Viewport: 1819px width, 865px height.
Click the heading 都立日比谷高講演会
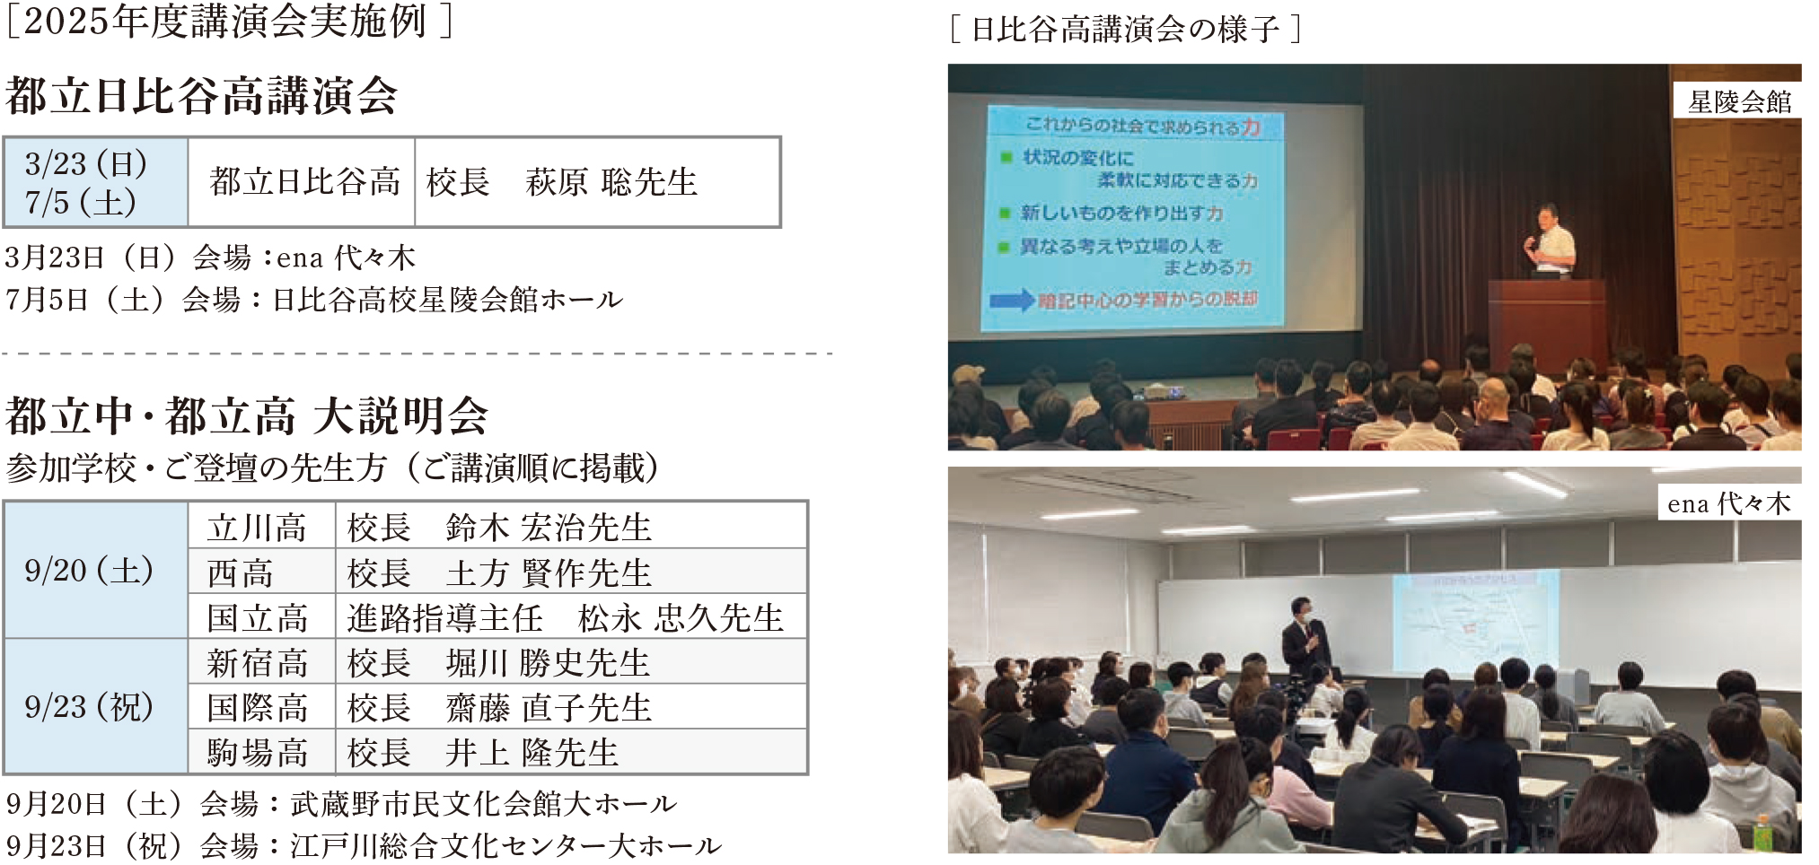(201, 96)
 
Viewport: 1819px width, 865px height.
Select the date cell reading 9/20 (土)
(89, 571)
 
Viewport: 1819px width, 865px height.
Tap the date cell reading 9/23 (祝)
(89, 707)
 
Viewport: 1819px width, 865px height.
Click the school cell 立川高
(258, 528)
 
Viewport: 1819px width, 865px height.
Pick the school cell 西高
(240, 572)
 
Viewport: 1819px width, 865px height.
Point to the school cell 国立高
(258, 617)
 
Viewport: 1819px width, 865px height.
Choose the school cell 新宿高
(258, 663)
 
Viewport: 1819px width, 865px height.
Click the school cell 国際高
(258, 708)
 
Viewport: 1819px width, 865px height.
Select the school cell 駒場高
(258, 753)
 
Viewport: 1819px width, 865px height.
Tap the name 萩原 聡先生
(611, 182)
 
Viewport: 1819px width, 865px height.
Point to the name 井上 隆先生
(532, 753)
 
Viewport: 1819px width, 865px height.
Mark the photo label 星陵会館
(1739, 101)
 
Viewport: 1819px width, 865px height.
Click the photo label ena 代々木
(1728, 503)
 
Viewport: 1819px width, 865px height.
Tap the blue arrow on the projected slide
(1012, 301)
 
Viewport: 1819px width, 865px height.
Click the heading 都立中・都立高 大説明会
(247, 416)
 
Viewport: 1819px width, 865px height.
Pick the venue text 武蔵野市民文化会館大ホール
(483, 803)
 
